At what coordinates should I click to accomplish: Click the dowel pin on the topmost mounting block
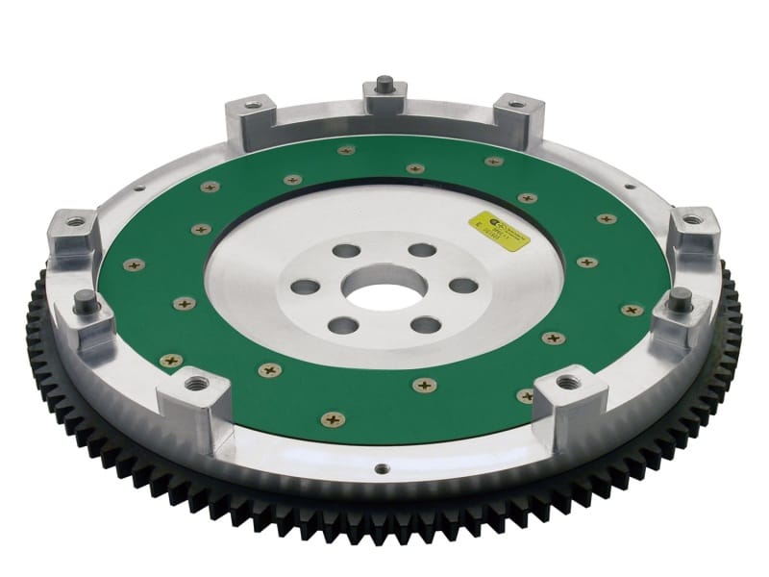[383, 80]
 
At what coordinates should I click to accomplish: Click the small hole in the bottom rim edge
[382, 470]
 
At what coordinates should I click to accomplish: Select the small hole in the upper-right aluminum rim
[631, 187]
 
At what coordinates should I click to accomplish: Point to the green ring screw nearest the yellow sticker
[526, 198]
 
